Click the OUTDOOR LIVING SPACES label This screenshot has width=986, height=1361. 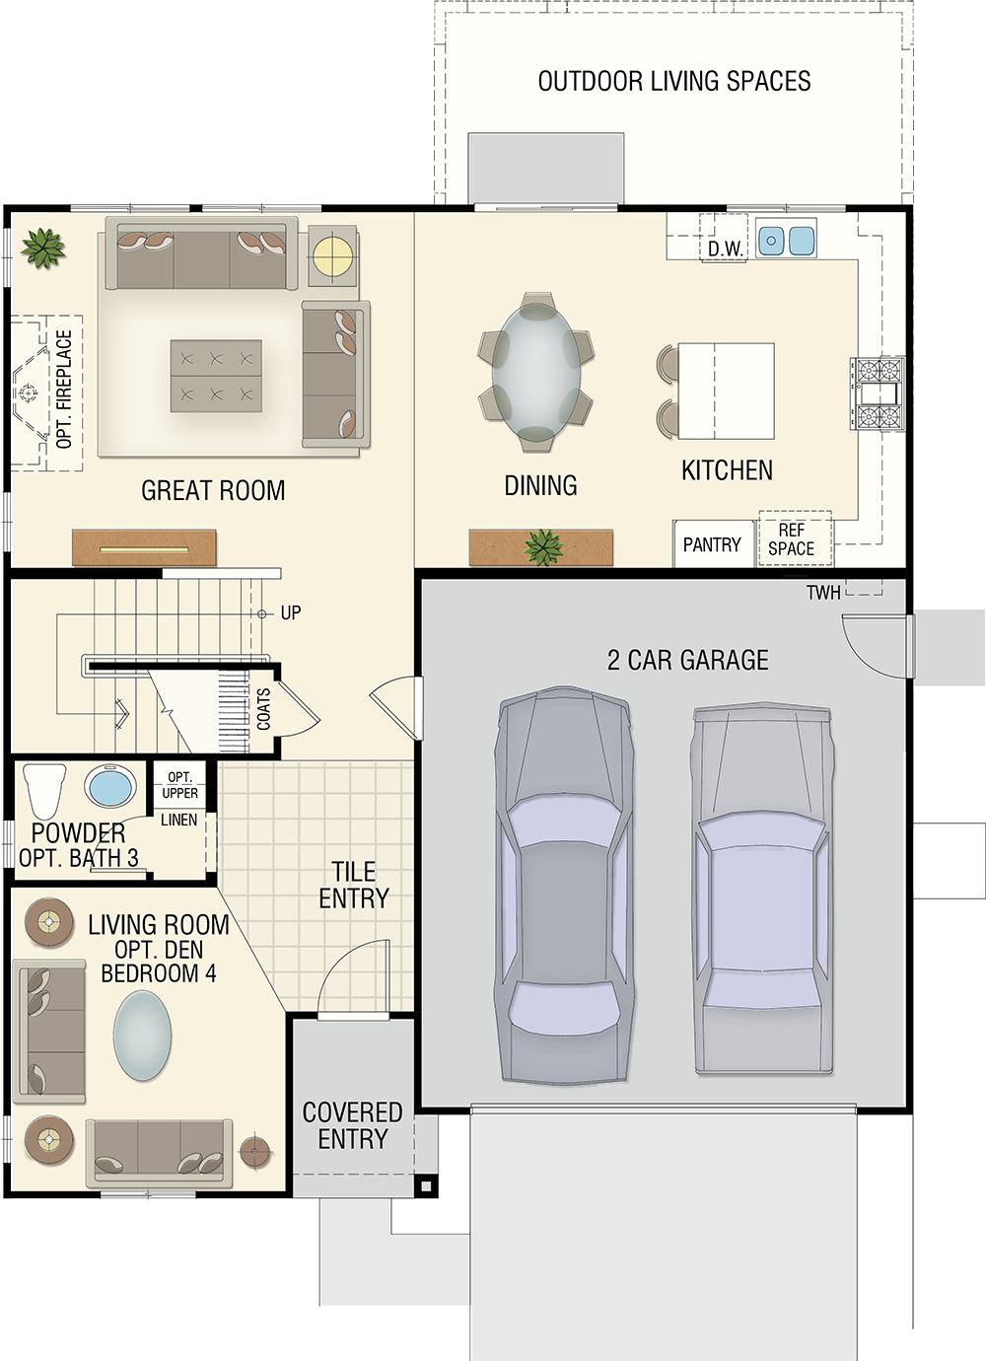[674, 82]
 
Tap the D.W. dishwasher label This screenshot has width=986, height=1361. [726, 249]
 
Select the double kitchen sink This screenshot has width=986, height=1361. [786, 240]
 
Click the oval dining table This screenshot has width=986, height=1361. [535, 372]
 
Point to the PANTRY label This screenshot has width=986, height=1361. [712, 545]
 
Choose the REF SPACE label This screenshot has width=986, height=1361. [791, 539]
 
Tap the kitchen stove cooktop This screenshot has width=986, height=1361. [878, 394]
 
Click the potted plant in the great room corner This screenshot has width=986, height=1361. [42, 248]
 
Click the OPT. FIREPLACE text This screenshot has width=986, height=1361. [64, 389]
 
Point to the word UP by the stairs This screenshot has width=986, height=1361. [291, 613]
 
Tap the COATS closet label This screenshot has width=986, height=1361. [263, 709]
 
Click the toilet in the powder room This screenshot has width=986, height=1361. [43, 792]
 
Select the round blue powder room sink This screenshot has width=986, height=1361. [110, 787]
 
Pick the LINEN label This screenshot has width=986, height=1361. [178, 821]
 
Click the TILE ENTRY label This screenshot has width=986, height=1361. [354, 885]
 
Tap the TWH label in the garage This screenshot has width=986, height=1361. [823, 593]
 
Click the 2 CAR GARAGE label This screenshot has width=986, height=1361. [687, 660]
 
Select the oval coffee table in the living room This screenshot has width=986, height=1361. [142, 1036]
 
